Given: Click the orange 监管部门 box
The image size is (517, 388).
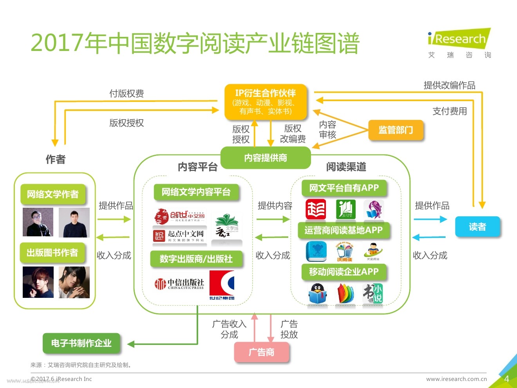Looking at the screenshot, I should [396, 130].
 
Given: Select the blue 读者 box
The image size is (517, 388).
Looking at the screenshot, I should [477, 227].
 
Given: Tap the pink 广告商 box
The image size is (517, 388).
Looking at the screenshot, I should [261, 352].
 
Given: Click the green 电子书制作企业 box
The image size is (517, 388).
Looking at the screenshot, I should [81, 343].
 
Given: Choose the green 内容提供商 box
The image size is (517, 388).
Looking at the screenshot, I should [266, 158].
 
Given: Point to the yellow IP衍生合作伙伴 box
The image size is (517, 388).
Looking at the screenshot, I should [266, 102].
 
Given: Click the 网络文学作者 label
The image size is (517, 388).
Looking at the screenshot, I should [53, 194].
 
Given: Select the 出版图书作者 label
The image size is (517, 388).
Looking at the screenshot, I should [52, 253].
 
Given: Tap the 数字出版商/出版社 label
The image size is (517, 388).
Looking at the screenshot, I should [196, 259].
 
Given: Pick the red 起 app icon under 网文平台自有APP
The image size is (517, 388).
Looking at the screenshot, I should [316, 209].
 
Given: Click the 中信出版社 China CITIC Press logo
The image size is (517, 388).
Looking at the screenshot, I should [179, 284].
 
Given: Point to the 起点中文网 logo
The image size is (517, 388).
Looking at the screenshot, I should [179, 236].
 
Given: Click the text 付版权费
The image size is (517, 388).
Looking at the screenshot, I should [127, 94].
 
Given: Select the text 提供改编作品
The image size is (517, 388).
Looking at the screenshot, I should [449, 85].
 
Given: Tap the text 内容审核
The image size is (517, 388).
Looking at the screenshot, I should [327, 130].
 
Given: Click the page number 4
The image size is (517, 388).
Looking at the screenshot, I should [506, 379].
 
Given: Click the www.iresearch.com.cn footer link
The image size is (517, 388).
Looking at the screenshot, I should [456, 379].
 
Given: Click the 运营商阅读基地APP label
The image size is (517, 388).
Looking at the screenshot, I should [343, 230].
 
